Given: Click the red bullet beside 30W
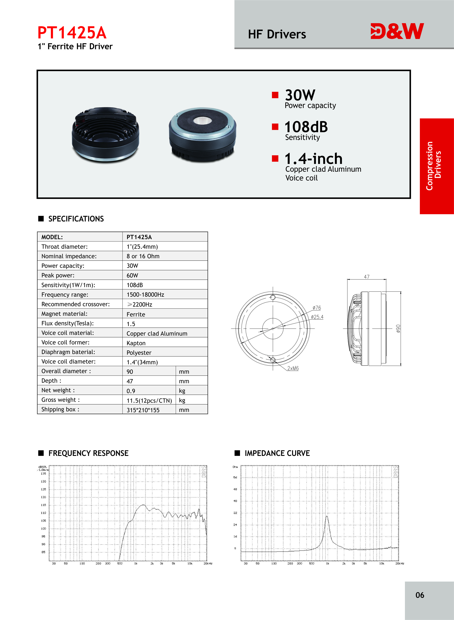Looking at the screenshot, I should (x=275, y=95).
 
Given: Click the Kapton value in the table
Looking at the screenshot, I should (x=136, y=343).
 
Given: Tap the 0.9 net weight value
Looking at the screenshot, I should (x=131, y=391).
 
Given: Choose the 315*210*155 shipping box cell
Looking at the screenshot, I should (x=143, y=410).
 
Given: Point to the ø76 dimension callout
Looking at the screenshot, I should (x=317, y=308).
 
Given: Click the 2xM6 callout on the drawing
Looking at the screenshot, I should (x=293, y=368).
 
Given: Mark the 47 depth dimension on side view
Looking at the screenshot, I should (x=367, y=277).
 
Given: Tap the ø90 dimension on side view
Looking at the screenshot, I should (x=398, y=329).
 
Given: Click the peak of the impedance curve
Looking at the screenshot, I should (x=327, y=516).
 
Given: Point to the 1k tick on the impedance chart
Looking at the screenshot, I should (x=328, y=563).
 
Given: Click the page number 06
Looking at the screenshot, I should (x=420, y=595).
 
